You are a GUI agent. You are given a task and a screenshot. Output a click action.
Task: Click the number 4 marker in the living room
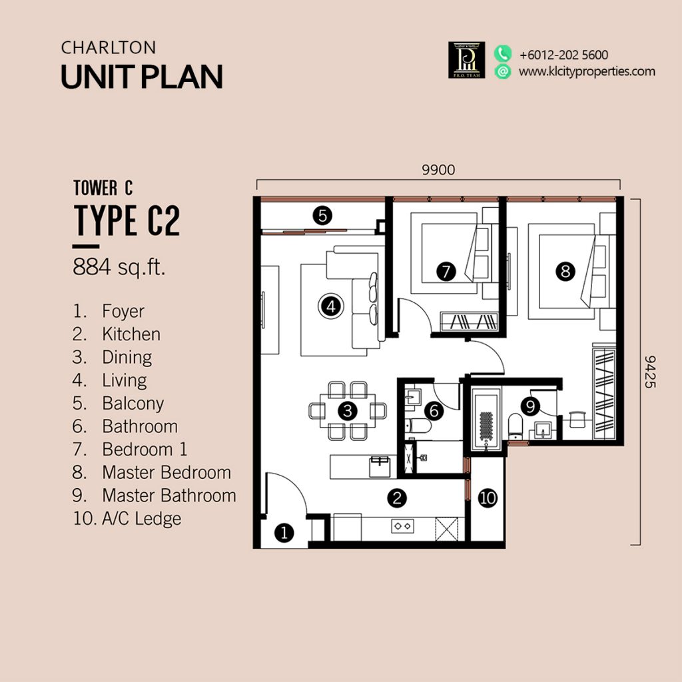[x=330, y=306]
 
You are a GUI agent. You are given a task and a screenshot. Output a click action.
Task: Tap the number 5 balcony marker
[x=322, y=216]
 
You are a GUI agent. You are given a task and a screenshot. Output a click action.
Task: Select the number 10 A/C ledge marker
[x=487, y=498]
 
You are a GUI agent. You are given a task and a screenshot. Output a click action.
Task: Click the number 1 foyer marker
[x=284, y=533]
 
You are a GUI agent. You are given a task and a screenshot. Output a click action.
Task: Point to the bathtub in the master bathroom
[x=486, y=422]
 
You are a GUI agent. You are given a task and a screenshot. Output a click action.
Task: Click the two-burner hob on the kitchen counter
[x=402, y=526]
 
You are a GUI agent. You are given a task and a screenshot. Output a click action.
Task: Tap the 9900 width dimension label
[x=438, y=170]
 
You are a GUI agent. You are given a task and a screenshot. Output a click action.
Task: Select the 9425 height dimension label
[x=649, y=372]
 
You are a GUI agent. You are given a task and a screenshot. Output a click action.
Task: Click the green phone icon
[x=503, y=54]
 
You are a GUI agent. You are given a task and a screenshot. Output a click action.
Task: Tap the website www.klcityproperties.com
[x=587, y=71]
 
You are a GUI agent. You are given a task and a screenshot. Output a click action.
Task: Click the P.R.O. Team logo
[x=466, y=60]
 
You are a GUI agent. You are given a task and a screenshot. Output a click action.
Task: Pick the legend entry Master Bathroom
[x=169, y=496]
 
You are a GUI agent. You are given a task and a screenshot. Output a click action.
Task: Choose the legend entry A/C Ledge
[x=142, y=518]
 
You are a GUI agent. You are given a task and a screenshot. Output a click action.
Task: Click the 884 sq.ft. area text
[x=119, y=267]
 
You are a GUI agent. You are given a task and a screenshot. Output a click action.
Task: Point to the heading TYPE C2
[x=127, y=220]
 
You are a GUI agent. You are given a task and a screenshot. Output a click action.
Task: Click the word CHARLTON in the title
[x=109, y=48]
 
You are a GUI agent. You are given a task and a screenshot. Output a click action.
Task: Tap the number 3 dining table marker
[x=347, y=410]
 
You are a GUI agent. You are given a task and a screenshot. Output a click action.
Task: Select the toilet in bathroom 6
[x=418, y=426]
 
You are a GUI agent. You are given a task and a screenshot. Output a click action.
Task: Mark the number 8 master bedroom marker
[x=565, y=272]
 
